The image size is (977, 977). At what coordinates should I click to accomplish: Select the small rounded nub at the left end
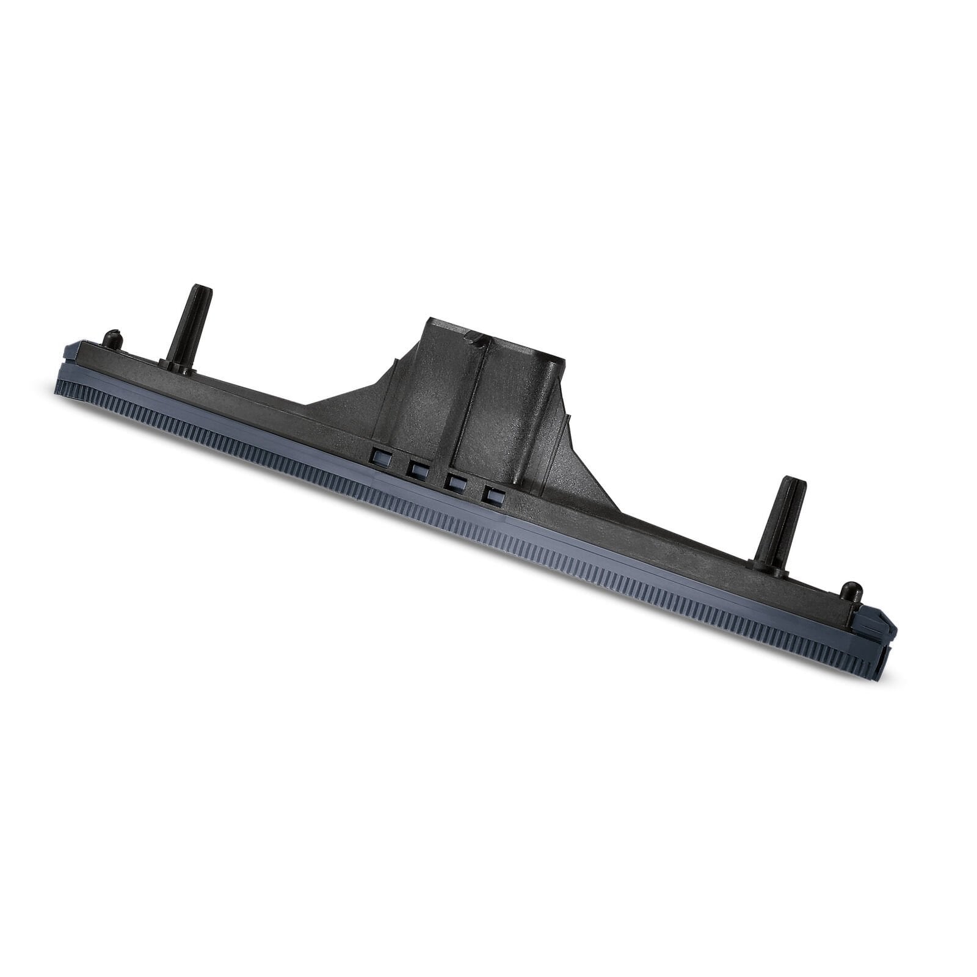coord(111,340)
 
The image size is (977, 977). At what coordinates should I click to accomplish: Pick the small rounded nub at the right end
coord(851,592)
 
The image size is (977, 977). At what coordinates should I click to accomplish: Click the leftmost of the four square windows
coord(380,455)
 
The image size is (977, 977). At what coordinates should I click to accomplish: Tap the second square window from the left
coord(418,470)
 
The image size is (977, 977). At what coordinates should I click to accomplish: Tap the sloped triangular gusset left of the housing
coord(348,397)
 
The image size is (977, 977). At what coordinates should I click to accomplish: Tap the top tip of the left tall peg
coord(202,289)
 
